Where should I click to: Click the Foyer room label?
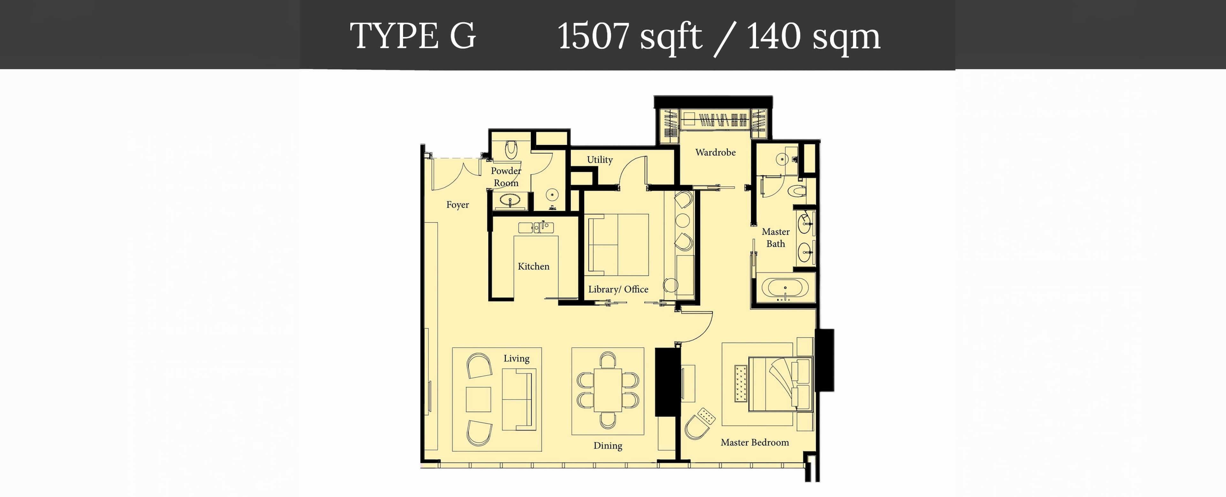[x=458, y=205]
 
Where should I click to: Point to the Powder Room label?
[x=506, y=177]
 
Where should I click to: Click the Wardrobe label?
[x=715, y=152]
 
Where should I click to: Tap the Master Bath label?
[x=776, y=238]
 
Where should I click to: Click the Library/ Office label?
[x=618, y=289]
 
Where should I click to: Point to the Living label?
[x=516, y=358]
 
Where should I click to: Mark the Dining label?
[x=608, y=446]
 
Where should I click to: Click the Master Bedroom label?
[x=755, y=442]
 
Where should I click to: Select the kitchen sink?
[x=536, y=227]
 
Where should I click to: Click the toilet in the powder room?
[x=511, y=149]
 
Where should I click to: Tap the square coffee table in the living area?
[x=478, y=399]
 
